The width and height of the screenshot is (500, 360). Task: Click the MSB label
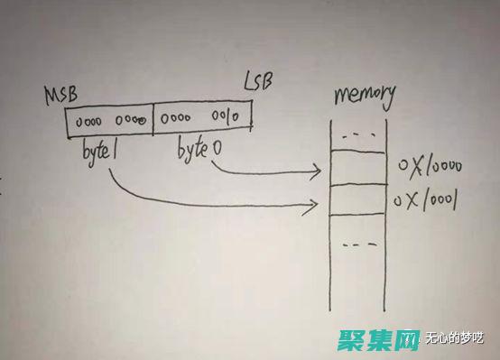click(x=60, y=95)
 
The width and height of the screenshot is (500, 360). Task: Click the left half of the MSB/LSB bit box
click(x=108, y=121)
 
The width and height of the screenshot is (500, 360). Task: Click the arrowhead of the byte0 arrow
click(x=319, y=170)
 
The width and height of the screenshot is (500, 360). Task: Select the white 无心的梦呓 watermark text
click(x=458, y=340)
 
